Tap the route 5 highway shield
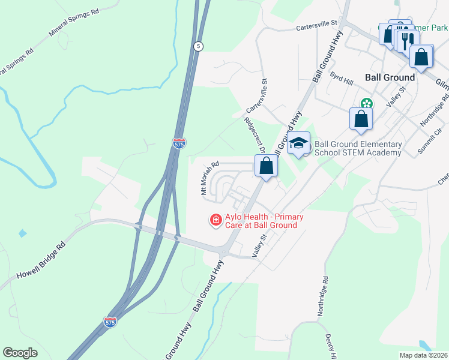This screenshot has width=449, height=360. pos(198,46)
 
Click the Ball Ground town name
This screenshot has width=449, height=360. pos(390,77)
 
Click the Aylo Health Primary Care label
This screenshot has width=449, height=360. pos(261,221)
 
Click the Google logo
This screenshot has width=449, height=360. pos(20,353)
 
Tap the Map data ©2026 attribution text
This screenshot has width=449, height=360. pos(423,355)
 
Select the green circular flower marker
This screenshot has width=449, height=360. pos(366,104)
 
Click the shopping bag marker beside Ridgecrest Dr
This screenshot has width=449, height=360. pos(266,166)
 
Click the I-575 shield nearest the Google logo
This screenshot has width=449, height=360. pos(110,322)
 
